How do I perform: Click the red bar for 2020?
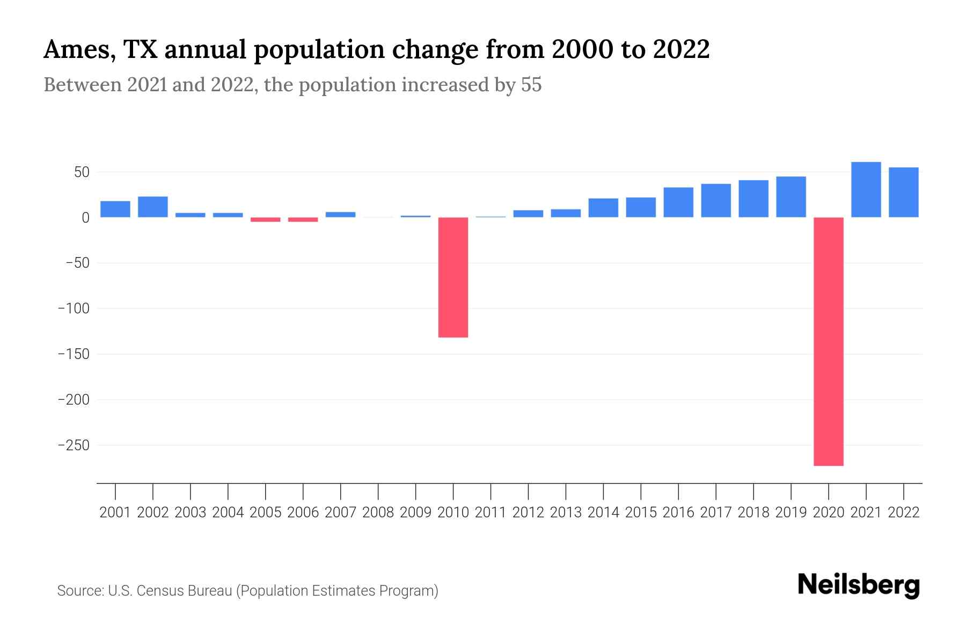point(829,341)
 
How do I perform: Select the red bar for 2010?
point(453,277)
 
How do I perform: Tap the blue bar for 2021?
point(866,189)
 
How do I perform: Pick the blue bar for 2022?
point(904,192)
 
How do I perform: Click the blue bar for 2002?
point(153,207)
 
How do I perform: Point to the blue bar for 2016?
point(678,202)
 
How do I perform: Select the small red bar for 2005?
point(266,219)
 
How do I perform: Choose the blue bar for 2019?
point(791,197)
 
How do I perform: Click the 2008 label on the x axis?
point(378,513)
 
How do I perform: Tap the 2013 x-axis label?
point(566,513)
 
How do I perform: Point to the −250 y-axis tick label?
point(74,445)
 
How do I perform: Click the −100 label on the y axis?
point(74,309)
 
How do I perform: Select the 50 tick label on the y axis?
point(82,172)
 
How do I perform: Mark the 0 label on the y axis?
point(85,218)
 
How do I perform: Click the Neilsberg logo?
point(859,585)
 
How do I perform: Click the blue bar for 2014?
point(603,208)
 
